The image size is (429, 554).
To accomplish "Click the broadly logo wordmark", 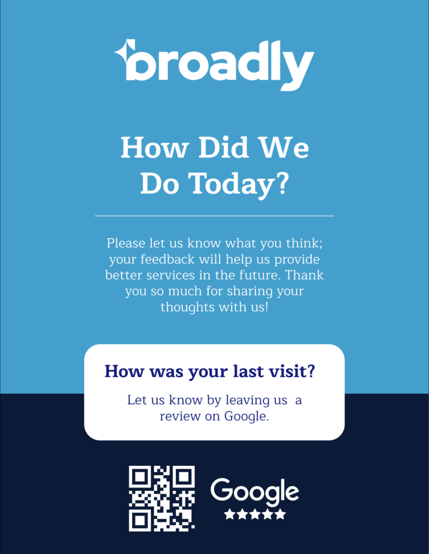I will tap(220, 64).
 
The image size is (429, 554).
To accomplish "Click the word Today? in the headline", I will tap(238, 184).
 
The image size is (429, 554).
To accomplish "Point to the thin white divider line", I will tap(214, 216).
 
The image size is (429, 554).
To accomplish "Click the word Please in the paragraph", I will tap(126, 242).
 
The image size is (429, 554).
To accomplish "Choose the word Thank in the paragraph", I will tap(306, 275).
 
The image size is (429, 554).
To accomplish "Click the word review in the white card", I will tap(178, 417).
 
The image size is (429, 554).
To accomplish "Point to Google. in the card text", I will tap(246, 417).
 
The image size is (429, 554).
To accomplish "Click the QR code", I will tap(162, 498).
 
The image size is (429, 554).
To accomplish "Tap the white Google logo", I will tap(254, 491).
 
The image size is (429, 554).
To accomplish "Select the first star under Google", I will tap(229, 514).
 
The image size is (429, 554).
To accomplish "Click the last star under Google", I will tap(280, 514).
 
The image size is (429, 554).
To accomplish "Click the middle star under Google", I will tap(255, 514).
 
